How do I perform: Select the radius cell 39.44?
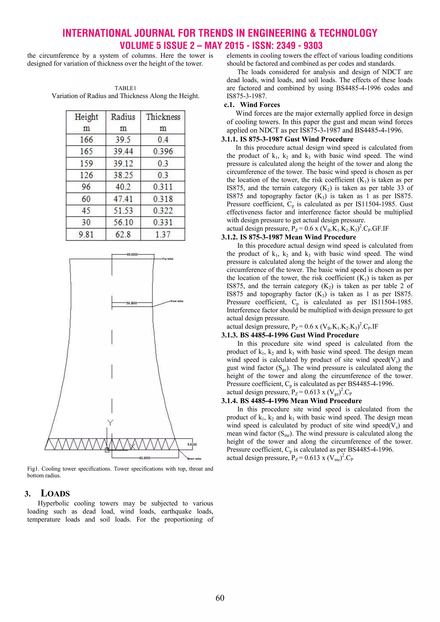[x=123, y=151]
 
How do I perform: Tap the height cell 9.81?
[x=86, y=234]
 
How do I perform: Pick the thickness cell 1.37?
[x=163, y=234]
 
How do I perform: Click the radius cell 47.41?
[x=123, y=199]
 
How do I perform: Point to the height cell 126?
[x=86, y=175]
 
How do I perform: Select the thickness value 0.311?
[x=163, y=187]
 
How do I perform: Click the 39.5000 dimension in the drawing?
[x=133, y=254]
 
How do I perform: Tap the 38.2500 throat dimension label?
[x=132, y=303]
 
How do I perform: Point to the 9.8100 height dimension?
[x=192, y=445]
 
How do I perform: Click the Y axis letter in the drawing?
[x=110, y=423]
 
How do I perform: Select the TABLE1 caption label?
[x=125, y=88]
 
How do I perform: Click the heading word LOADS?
[x=55, y=494]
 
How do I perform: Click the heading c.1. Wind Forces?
[x=252, y=105]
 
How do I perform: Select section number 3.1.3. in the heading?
[x=229, y=335]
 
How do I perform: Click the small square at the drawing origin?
[x=107, y=450]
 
